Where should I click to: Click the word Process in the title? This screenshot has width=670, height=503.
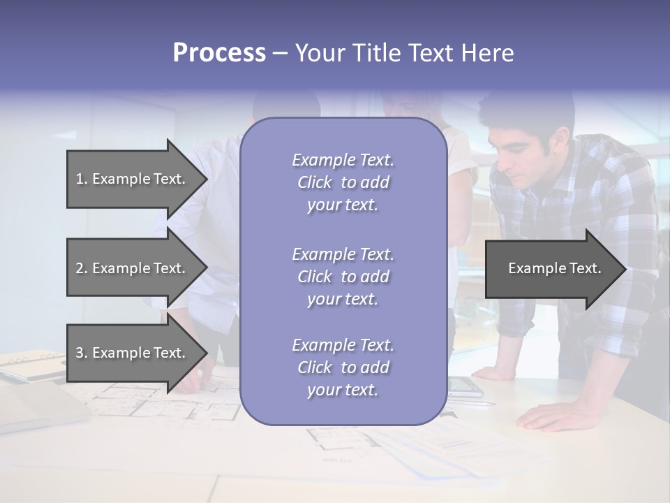[x=219, y=53]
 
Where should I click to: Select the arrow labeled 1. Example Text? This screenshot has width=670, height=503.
[x=133, y=179]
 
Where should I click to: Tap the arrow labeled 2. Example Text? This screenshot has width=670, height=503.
[x=133, y=268]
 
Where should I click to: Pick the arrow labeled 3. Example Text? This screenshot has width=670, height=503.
[x=133, y=353]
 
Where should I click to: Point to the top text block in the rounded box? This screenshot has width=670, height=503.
[x=343, y=182]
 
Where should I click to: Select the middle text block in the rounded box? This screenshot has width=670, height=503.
[x=343, y=277]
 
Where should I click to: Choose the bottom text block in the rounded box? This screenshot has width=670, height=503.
[x=343, y=367]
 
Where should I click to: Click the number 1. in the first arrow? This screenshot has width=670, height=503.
[x=82, y=179]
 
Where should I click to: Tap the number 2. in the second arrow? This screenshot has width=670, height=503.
[x=82, y=268]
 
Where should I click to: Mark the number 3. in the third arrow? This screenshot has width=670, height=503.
[x=82, y=353]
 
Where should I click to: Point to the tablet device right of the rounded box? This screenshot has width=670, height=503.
[x=464, y=386]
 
